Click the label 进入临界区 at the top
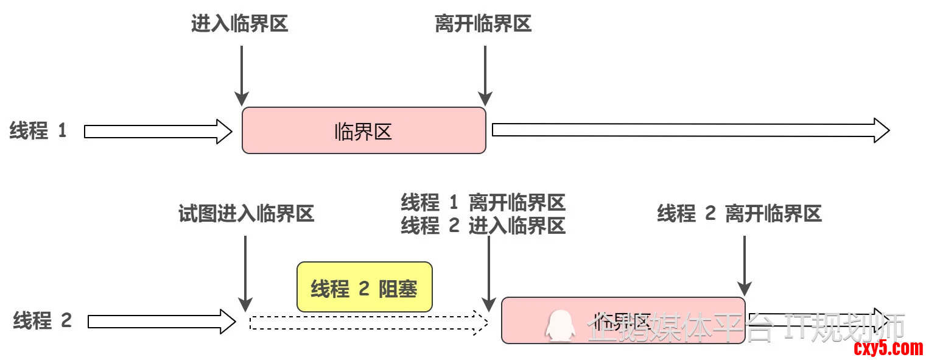(239, 24)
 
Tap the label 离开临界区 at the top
(483, 24)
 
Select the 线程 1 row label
(38, 131)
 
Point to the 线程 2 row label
(42, 320)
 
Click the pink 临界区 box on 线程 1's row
(363, 130)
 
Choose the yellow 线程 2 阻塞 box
(364, 288)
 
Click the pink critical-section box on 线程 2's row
(622, 320)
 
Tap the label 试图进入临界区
(246, 214)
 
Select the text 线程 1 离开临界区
(483, 202)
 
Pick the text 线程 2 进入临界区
(483, 226)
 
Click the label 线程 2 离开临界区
(739, 214)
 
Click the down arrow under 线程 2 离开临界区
(744, 265)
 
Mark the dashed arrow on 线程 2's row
(369, 322)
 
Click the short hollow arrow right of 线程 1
(158, 131)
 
